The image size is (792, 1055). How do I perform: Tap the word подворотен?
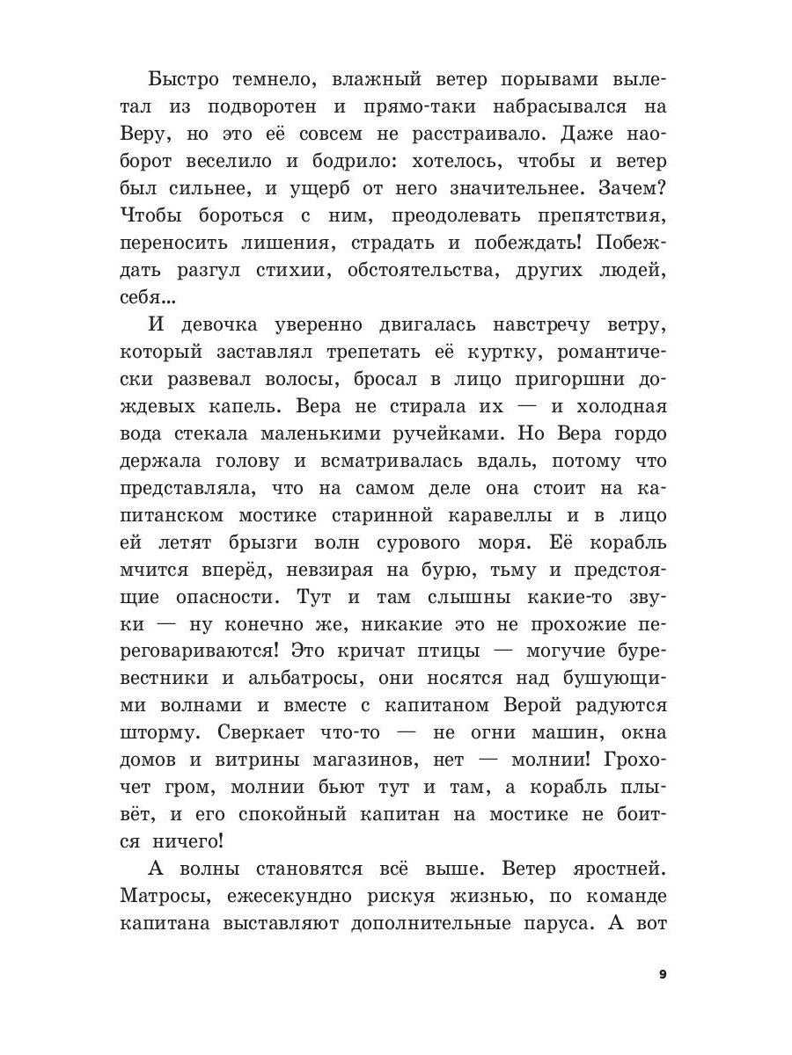251,106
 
